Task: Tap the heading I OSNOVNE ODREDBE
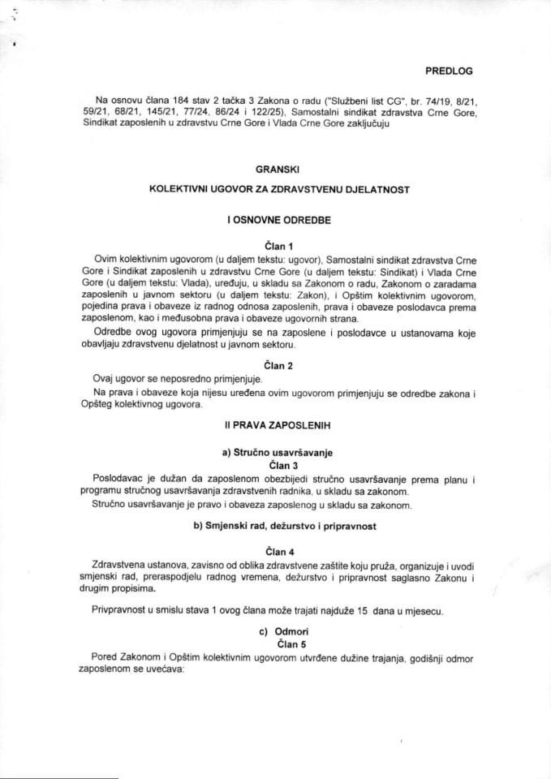pos(276,219)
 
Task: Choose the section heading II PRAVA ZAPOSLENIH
pos(276,425)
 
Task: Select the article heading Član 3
pos(277,465)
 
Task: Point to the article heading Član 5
pos(277,642)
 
